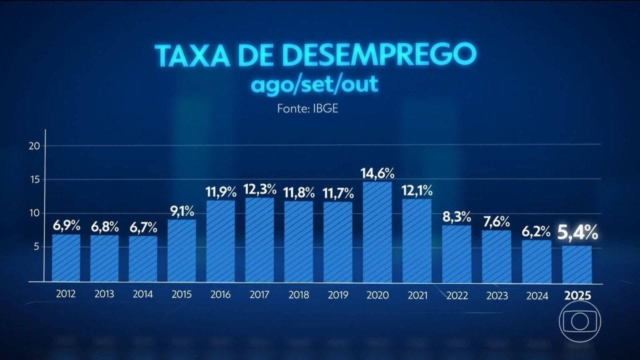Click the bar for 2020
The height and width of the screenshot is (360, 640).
pos(377,232)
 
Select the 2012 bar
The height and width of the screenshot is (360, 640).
pos(66,258)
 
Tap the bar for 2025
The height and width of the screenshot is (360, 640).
pos(577,264)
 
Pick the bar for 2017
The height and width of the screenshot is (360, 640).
pos(259,240)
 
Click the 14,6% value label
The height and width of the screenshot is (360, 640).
pos(377,173)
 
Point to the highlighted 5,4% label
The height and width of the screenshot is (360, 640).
pos(577,232)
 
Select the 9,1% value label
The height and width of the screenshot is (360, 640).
pos(181,211)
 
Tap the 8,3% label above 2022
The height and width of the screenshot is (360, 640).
pos(456,217)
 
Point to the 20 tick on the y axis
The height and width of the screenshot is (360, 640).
pos(34,146)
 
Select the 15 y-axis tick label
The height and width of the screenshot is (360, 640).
pos(34,179)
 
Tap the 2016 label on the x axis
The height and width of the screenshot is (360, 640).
pos(220,295)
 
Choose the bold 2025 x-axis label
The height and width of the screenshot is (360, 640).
pos(577,295)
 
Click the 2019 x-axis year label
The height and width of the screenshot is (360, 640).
pos(338,295)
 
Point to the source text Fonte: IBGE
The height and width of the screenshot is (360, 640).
pos(307,108)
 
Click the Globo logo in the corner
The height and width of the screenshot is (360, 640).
pos(580,321)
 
